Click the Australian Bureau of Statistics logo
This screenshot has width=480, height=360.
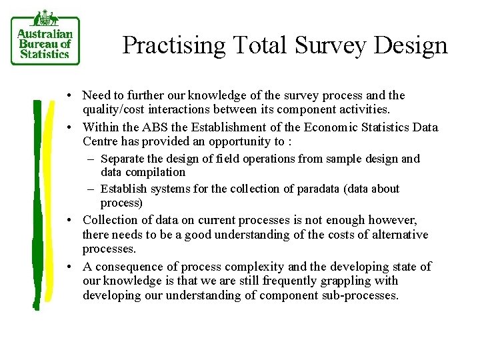point(45,40)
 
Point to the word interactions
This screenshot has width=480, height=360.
point(180,109)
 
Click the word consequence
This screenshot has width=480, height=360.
point(125,267)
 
